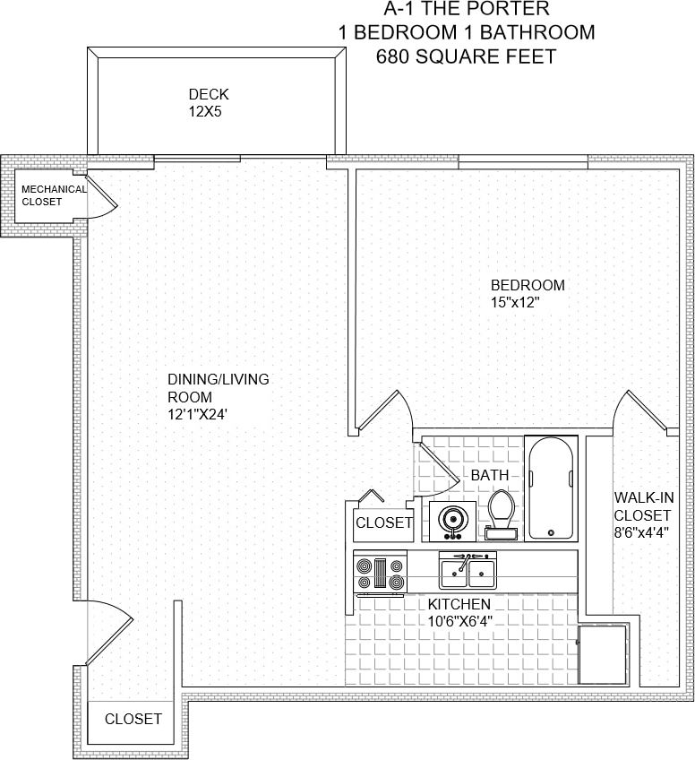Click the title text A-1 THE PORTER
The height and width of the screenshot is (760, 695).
tap(467, 10)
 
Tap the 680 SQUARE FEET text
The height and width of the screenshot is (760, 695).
tap(467, 56)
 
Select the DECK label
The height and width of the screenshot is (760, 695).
tap(209, 94)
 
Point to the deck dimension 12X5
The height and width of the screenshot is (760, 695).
tap(204, 112)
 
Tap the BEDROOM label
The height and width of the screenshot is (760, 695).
tap(528, 285)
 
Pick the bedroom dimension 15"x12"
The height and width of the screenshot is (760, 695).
tap(515, 303)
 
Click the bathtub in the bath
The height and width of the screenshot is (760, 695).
tap(550, 488)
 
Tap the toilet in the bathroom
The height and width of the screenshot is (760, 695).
tap(500, 516)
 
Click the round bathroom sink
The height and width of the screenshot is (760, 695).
tap(452, 521)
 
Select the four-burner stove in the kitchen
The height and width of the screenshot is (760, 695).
tap(381, 573)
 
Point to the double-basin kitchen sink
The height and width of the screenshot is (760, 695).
tap(467, 570)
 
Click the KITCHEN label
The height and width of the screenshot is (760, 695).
tap(459, 604)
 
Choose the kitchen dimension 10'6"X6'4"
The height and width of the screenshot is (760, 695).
tap(459, 620)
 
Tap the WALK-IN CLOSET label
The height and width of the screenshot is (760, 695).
tap(642, 505)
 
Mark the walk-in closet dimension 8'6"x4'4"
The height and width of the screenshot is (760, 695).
tap(641, 531)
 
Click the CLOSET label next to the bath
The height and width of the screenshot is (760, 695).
tap(384, 522)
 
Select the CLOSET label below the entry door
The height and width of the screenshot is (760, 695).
tap(133, 719)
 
